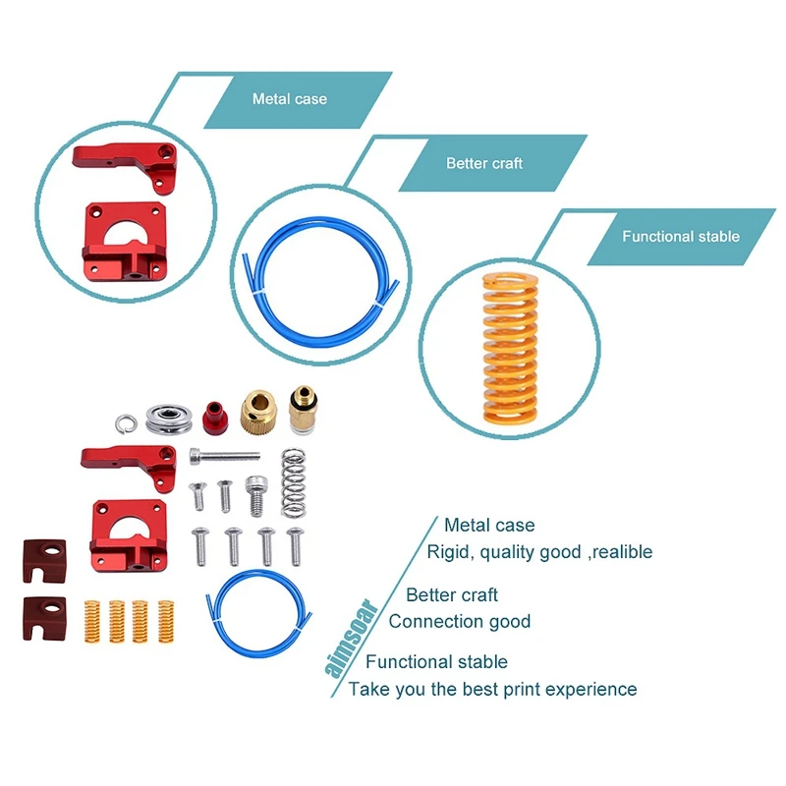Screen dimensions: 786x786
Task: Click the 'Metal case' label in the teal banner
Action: pos(289,99)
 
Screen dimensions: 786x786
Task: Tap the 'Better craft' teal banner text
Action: pos(484,163)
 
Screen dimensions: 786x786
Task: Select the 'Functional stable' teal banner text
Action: pos(680,237)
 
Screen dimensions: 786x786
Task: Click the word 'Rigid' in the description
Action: pos(448,552)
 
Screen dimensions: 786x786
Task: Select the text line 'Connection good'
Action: pos(459,621)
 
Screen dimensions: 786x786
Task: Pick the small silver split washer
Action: pos(124,421)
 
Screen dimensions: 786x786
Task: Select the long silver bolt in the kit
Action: pos(225,456)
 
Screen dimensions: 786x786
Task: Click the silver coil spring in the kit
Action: pos(294,482)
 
